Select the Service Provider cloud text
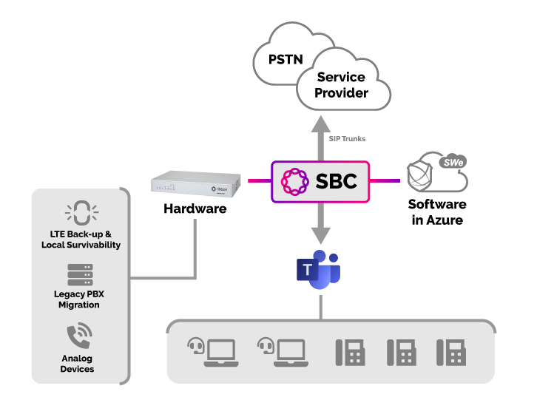click(341, 85)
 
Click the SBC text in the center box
click(337, 180)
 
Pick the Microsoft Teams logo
click(319, 271)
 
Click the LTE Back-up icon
click(80, 213)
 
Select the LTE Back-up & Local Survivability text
click(81, 240)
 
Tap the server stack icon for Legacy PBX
click(80, 274)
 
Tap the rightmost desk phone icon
click(451, 353)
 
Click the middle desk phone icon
click(401, 353)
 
